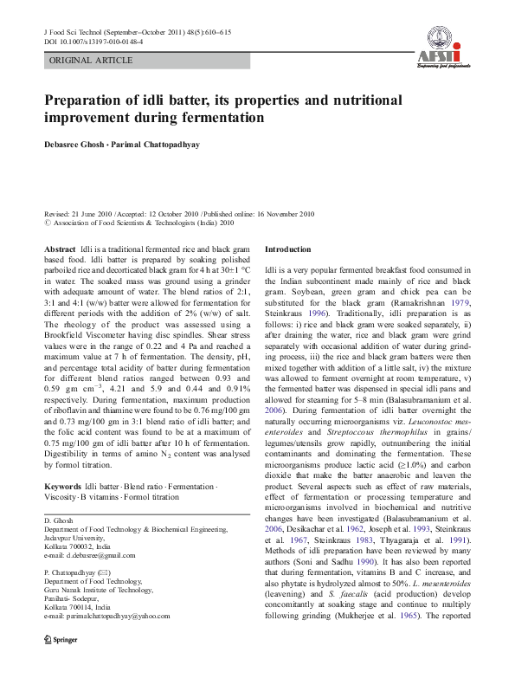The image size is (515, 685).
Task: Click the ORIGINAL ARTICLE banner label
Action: pyautogui.click(x=91, y=61)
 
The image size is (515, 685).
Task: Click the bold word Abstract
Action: pyautogui.click(x=60, y=249)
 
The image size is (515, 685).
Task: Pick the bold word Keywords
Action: pyautogui.click(x=63, y=488)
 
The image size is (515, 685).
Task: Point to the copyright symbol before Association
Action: pyautogui.click(x=48, y=222)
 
